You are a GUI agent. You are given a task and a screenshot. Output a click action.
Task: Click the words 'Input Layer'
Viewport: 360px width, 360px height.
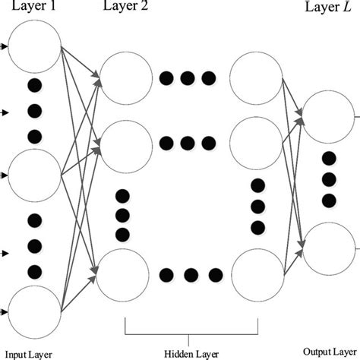28,353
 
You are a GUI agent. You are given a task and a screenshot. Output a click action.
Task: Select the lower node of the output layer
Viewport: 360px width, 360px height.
328,247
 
